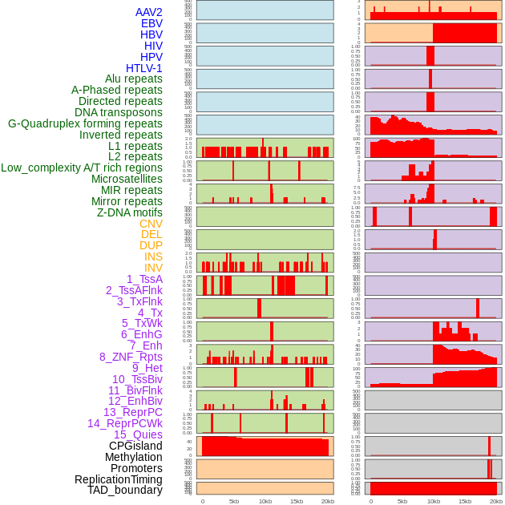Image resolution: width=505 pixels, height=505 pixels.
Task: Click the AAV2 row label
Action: (x=149, y=12)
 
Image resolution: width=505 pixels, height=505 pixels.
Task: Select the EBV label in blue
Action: (x=151, y=23)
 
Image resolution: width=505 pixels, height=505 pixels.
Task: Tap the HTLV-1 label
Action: (x=144, y=68)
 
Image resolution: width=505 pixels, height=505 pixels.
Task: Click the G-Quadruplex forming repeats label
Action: (x=85, y=123)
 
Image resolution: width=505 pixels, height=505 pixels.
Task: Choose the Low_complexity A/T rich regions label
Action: (x=82, y=168)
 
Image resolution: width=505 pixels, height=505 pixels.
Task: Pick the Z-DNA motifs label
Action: (x=130, y=212)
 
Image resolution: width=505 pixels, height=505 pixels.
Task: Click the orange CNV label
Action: (x=151, y=224)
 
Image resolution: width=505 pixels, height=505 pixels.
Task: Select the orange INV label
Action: (x=153, y=268)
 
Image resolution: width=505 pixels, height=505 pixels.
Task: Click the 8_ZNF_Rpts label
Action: (x=131, y=357)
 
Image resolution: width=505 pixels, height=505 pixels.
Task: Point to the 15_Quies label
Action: (x=138, y=434)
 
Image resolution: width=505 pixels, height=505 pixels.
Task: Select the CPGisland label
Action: (x=135, y=446)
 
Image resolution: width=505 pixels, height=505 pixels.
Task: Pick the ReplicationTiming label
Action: (x=118, y=479)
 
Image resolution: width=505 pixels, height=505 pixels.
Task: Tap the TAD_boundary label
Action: (x=125, y=490)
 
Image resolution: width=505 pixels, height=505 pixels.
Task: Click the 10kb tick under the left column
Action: (x=265, y=501)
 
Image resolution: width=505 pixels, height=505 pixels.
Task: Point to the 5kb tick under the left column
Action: (x=234, y=501)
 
